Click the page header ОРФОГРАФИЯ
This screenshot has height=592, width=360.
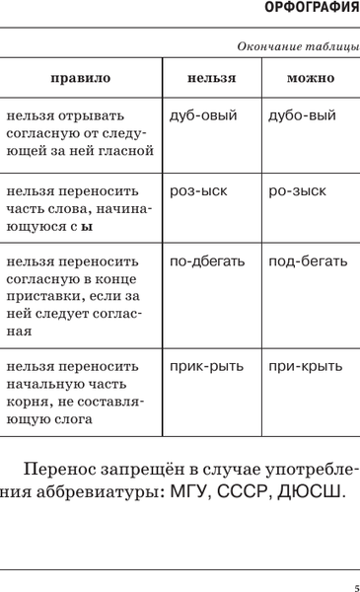(314, 10)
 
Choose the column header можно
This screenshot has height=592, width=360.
(310, 77)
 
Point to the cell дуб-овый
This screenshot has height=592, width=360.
(203, 115)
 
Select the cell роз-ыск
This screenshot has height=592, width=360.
(198, 189)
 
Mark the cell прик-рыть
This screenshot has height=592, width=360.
(206, 367)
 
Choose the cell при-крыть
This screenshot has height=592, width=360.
(305, 367)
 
